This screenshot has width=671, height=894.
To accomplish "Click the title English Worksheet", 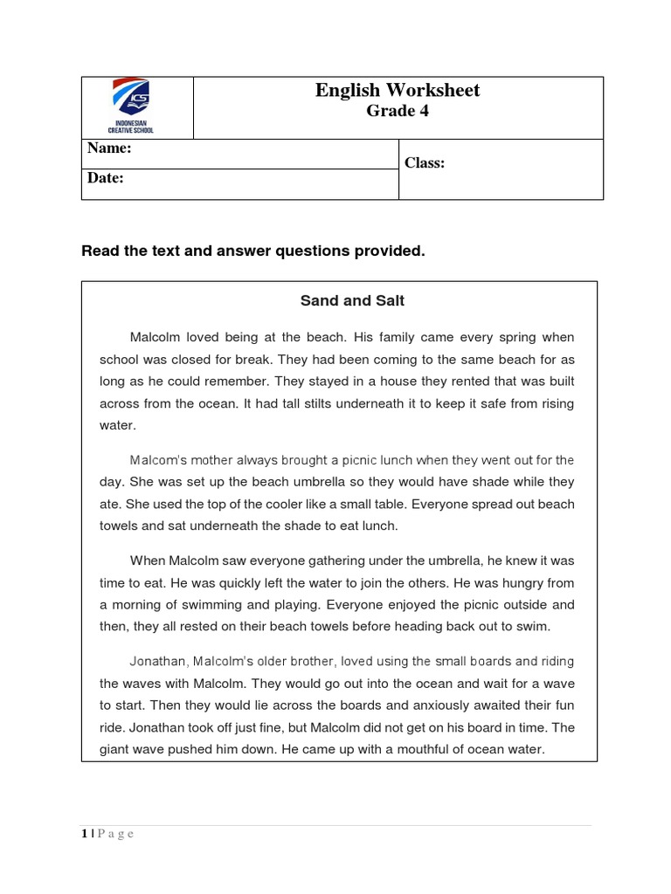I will [x=398, y=90].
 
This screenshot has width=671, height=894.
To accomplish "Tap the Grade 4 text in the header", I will [x=398, y=111].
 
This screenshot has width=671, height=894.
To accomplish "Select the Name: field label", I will [x=109, y=149].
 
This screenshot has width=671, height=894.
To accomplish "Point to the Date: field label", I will [x=106, y=178].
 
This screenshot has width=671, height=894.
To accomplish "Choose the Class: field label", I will [x=425, y=163].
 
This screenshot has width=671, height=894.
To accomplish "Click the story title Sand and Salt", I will [x=352, y=300].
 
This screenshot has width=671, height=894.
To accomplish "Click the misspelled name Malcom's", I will [x=160, y=460].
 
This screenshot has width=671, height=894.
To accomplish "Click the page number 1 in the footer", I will [x=84, y=834].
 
